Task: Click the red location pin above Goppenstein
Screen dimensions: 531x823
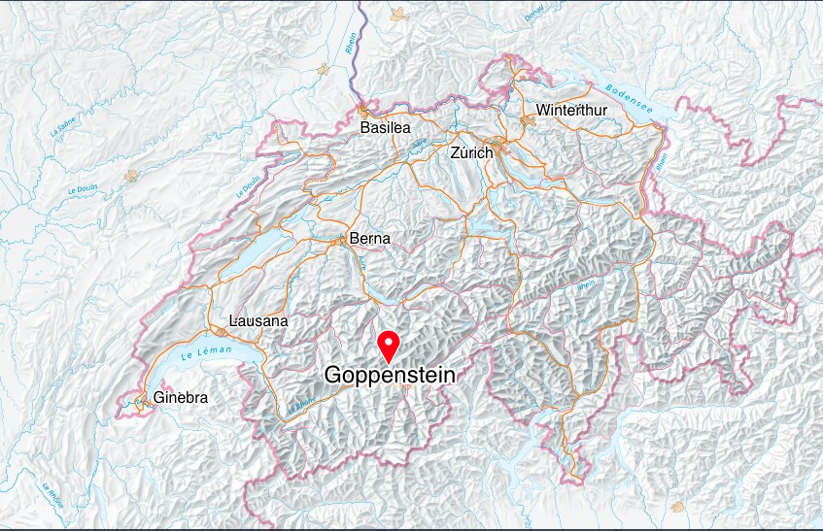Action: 389,346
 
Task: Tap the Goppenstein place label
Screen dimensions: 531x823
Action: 389,375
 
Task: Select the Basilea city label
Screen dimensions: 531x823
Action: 385,127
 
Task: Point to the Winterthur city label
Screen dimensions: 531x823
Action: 571,110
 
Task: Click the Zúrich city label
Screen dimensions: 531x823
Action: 473,153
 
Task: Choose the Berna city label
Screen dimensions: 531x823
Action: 369,239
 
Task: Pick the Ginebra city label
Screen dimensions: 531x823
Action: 181,398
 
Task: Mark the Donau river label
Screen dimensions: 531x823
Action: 533,14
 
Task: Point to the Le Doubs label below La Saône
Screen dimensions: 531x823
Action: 83,185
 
